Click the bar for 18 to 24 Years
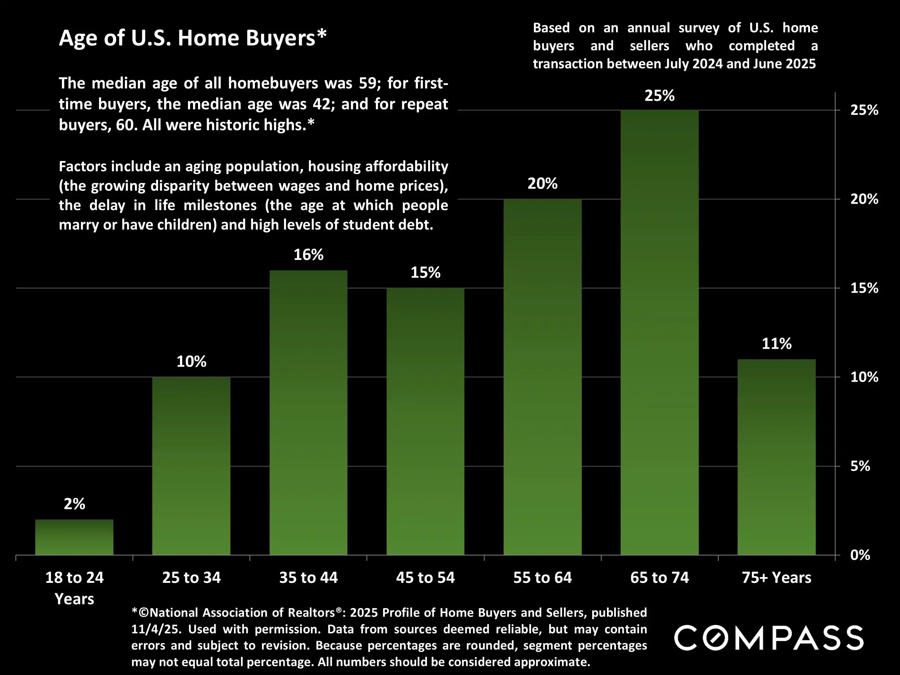(x=74, y=537)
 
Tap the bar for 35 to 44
(x=309, y=413)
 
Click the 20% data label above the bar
(x=543, y=184)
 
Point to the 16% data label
(x=309, y=255)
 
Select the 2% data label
(x=75, y=504)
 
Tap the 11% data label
(x=776, y=344)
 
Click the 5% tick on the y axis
(x=860, y=466)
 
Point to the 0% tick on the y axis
(x=860, y=555)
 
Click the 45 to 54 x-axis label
(x=425, y=578)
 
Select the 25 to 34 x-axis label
(x=191, y=578)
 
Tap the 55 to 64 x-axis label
(x=543, y=578)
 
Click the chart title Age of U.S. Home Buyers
(x=193, y=38)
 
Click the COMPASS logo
(x=769, y=638)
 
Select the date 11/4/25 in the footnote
(x=156, y=629)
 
